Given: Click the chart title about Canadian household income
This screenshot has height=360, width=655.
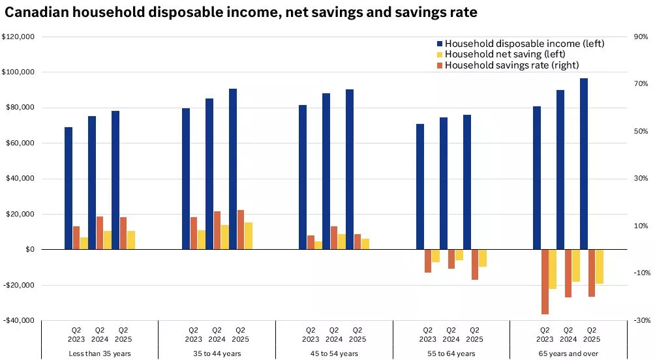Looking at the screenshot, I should tap(241, 12).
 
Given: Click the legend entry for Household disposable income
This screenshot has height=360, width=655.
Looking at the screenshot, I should tap(525, 44).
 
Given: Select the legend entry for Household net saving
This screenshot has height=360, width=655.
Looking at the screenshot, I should tap(504, 54).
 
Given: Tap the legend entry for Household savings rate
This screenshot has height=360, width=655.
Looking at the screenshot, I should tap(511, 65).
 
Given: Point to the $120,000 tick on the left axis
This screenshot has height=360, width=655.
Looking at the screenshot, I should tap(18, 37).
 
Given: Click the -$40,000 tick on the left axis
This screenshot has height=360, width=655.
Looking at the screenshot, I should tap(18, 320).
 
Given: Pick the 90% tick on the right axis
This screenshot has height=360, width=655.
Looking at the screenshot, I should tap(641, 37).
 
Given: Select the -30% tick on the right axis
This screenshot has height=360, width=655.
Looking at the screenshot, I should tap(641, 320).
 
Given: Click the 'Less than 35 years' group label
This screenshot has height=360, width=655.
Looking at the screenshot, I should tap(100, 353).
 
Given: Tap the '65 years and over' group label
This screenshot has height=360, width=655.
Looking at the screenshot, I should tap(568, 353).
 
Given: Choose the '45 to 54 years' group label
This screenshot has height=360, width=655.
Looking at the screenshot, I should tap(334, 353).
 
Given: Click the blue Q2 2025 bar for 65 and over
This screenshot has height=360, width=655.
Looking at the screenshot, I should tap(584, 164).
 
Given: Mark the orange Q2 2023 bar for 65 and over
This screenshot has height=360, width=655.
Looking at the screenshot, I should tap(545, 282).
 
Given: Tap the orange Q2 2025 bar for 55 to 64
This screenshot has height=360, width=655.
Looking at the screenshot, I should tap(475, 264).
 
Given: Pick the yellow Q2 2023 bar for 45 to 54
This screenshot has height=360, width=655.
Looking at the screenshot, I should tap(318, 245).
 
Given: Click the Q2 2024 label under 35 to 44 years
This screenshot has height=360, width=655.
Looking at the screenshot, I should tap(217, 334).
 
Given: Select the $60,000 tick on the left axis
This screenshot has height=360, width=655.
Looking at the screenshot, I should tap(20, 143).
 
